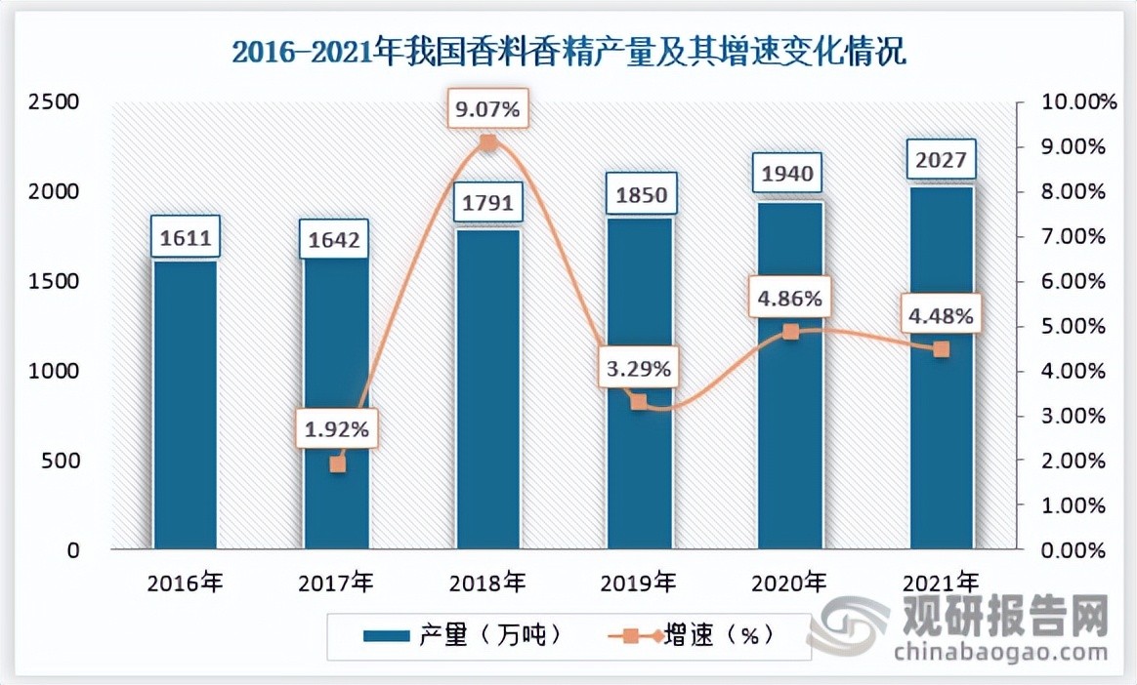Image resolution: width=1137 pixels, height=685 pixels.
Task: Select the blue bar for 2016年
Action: click(186, 405)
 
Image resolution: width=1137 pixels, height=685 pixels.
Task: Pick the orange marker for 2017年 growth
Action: click(337, 464)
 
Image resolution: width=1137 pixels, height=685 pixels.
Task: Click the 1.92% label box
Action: click(337, 426)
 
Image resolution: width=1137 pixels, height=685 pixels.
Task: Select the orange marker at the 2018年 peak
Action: click(488, 143)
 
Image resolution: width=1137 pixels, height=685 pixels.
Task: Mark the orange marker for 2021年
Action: click(942, 349)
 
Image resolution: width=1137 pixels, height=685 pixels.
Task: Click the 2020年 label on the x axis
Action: click(790, 584)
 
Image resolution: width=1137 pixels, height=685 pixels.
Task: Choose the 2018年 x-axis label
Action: click(488, 584)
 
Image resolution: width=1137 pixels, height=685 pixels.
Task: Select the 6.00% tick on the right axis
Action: click(1073, 281)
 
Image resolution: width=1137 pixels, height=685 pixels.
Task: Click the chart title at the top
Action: click(568, 51)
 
